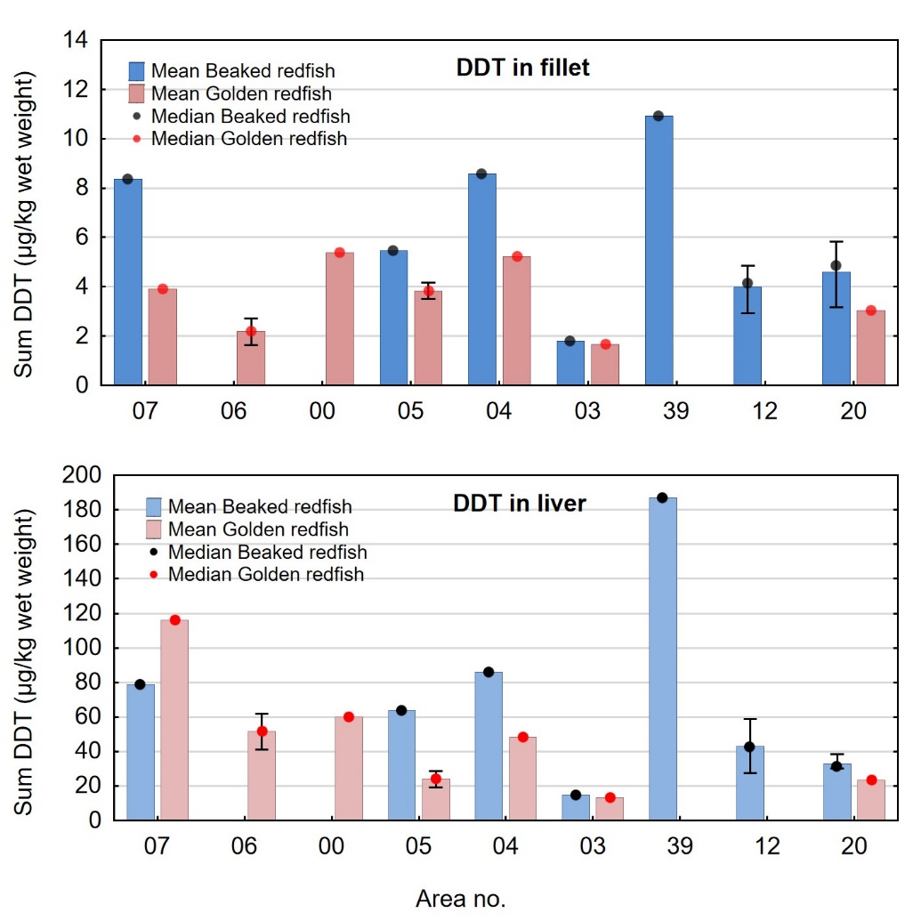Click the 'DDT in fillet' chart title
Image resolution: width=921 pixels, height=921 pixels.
(x=522, y=68)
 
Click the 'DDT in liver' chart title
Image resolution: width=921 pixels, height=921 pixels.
(x=519, y=504)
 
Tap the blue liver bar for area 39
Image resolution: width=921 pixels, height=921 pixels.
(x=662, y=658)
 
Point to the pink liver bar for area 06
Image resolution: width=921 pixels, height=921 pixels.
(x=262, y=775)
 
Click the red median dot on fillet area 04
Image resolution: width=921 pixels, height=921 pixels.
(x=517, y=256)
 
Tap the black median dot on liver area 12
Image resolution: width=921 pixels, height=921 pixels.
(x=749, y=747)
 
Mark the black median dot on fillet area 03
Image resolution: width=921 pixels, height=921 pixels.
(x=570, y=341)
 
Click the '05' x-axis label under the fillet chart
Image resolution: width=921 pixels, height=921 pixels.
(x=411, y=410)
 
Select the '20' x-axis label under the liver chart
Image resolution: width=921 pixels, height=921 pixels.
(x=853, y=846)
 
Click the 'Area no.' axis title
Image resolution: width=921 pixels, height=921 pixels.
(x=460, y=899)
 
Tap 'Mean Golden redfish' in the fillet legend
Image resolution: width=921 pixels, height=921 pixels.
(x=241, y=93)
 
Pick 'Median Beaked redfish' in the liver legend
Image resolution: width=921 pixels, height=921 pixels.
(x=267, y=553)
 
